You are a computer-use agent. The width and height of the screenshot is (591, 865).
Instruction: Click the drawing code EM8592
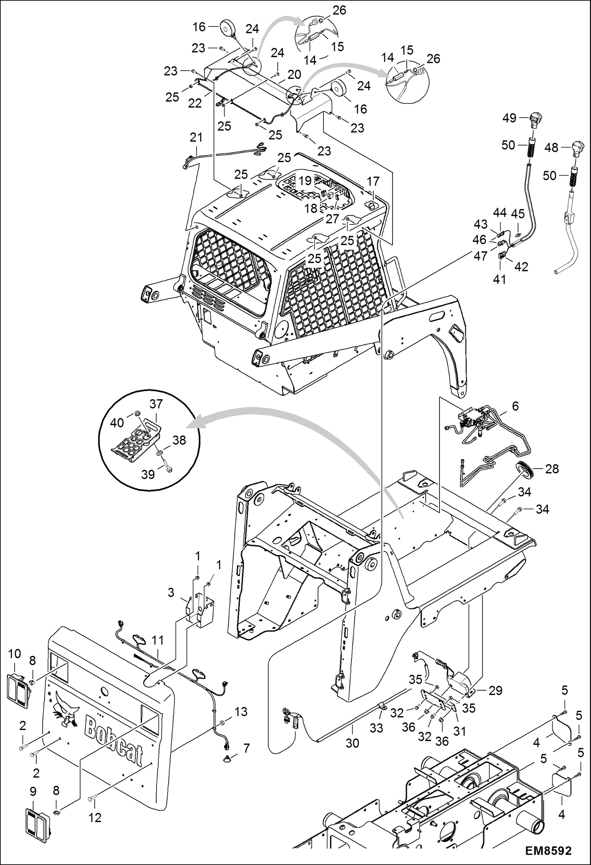548,851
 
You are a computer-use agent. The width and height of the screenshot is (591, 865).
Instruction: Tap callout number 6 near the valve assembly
515,406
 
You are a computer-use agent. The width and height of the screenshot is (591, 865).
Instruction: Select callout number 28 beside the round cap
552,469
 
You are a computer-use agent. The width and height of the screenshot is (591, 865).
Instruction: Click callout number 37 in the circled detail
156,404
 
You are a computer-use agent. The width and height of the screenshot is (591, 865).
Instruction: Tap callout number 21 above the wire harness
196,137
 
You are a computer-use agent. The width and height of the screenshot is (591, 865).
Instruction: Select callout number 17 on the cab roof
373,181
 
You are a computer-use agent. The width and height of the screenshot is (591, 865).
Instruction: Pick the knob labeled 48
578,149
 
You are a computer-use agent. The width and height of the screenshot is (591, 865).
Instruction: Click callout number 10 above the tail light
15,654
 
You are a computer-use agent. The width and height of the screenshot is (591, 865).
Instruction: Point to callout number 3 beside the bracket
171,592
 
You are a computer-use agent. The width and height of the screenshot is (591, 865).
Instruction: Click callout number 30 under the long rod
352,743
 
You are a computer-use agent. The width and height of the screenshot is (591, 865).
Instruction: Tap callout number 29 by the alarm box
496,690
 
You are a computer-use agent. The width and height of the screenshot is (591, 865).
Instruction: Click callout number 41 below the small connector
499,279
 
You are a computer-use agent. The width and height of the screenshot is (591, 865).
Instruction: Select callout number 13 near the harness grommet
241,712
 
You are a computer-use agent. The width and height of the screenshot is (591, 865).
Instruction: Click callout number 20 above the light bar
294,74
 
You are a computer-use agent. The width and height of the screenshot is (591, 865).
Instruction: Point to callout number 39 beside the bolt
148,474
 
